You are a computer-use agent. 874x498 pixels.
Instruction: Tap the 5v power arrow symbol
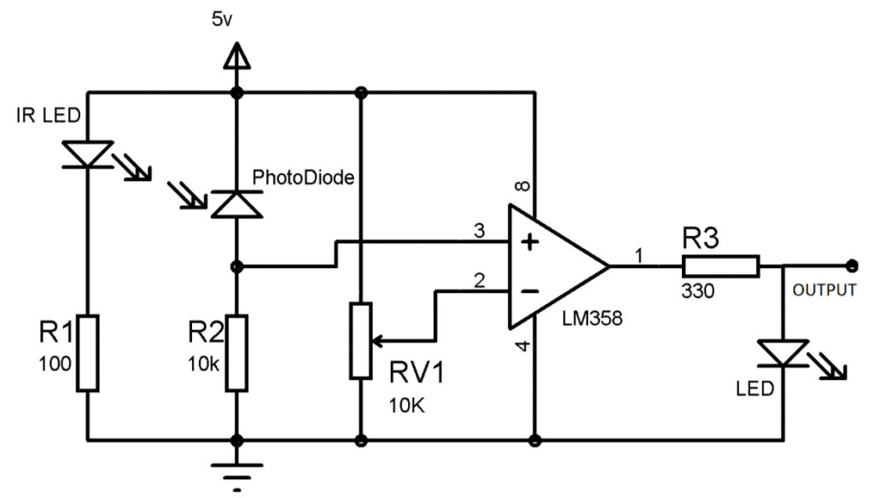point(236,56)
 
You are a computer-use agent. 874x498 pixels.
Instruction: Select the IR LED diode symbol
point(88,154)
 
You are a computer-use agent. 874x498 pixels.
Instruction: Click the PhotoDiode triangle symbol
point(236,204)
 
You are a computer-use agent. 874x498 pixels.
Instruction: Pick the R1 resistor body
point(88,353)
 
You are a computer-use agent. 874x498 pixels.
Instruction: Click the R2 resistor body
point(236,353)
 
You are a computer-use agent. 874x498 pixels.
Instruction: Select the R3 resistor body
point(720,266)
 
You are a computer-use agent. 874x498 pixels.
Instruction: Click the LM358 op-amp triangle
point(555,266)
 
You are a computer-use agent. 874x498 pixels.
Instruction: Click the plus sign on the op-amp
point(530,243)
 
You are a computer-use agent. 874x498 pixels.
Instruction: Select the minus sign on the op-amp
point(530,290)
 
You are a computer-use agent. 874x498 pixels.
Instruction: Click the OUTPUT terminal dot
point(851,266)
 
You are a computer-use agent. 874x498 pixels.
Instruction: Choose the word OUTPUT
point(824,290)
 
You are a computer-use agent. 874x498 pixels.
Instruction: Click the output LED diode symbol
point(783,352)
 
